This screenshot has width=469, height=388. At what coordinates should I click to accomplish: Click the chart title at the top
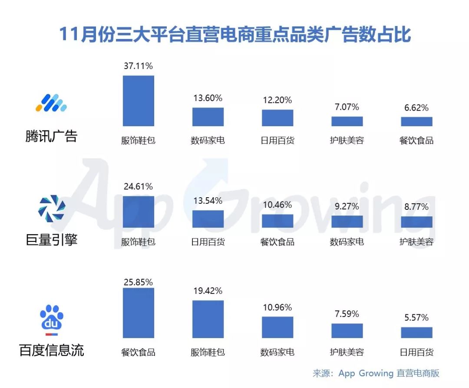pyautogui.click(x=235, y=34)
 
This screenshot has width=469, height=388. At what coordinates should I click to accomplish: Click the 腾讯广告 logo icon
pyautogui.click(x=51, y=103)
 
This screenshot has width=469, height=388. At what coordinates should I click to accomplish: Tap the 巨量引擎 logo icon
pyautogui.click(x=52, y=208)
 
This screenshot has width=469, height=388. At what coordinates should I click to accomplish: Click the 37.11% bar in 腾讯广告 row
pyautogui.click(x=139, y=101)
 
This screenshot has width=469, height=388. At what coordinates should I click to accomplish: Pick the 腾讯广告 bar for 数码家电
pyautogui.click(x=208, y=117)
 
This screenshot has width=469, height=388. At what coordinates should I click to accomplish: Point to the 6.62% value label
pyautogui.click(x=416, y=108)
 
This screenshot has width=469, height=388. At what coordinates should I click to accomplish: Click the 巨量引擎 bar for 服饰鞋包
pyautogui.click(x=139, y=212)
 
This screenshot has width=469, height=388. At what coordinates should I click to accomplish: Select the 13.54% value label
pyautogui.click(x=208, y=200)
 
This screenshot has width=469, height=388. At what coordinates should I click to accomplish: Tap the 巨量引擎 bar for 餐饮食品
pyautogui.click(x=277, y=221)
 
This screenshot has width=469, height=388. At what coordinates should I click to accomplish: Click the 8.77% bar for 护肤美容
pyautogui.click(x=416, y=222)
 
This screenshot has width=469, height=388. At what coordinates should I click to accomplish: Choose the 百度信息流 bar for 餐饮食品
pyautogui.click(x=139, y=313)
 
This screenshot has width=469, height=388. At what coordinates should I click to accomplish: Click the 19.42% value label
pyautogui.click(x=208, y=290)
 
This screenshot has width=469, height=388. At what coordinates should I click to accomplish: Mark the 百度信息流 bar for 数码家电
pyautogui.click(x=277, y=327)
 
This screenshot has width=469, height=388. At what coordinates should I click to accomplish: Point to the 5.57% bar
pyautogui.click(x=416, y=333)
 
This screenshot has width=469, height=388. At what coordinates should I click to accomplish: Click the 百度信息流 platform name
pyautogui.click(x=51, y=350)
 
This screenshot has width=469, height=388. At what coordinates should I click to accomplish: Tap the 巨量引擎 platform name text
pyautogui.click(x=51, y=240)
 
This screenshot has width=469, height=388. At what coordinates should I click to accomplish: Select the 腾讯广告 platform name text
pyautogui.click(x=51, y=136)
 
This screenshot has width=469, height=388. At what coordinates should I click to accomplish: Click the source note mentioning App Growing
pyautogui.click(x=376, y=373)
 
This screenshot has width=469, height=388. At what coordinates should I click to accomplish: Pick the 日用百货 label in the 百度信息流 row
pyautogui.click(x=416, y=352)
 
